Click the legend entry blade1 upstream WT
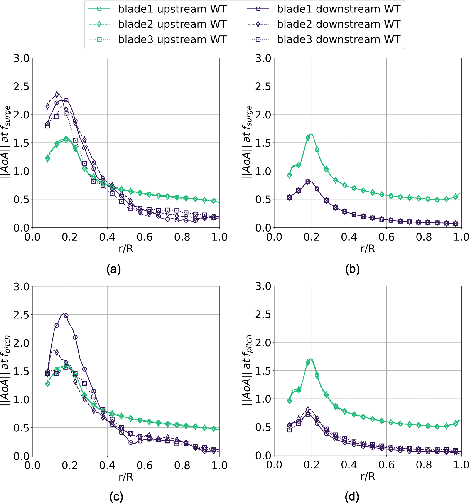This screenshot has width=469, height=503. (172, 9)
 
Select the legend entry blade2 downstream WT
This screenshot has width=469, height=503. (339, 24)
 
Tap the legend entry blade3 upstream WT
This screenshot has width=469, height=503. (172, 39)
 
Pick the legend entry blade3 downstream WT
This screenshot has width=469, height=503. (339, 39)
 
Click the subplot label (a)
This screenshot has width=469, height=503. (114, 269)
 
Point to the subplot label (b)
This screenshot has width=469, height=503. (352, 269)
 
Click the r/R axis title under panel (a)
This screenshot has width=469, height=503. (126, 249)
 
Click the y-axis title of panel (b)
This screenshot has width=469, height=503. (247, 142)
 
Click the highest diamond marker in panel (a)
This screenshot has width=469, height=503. (57, 95)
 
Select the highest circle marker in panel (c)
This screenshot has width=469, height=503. (66, 316)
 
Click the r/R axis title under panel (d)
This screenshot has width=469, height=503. (368, 477)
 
